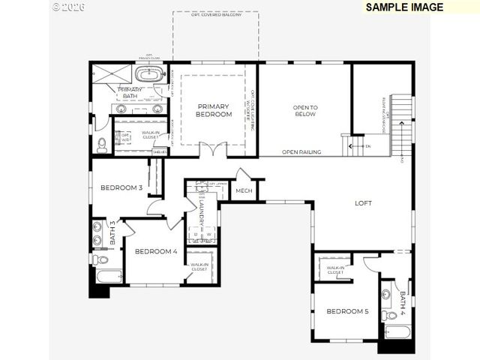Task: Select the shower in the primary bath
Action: tap(111, 75)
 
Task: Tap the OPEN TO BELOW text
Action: tap(305, 111)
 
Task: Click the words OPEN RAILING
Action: tap(301, 152)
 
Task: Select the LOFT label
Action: tap(364, 202)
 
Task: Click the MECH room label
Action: tap(244, 191)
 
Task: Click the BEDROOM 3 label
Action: tap(121, 187)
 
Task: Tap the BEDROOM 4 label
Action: tap(155, 252)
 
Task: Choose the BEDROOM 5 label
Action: tap(346, 310)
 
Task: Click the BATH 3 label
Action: tap(113, 233)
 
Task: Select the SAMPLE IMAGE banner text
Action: tap(404, 7)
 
